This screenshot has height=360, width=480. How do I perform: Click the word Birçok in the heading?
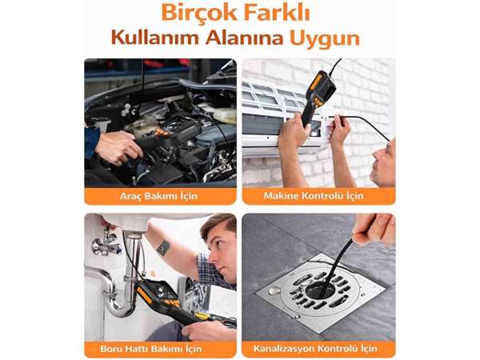(199, 13)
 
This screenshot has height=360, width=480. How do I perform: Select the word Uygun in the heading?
(325, 39)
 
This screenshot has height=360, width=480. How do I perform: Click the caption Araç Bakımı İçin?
(159, 196)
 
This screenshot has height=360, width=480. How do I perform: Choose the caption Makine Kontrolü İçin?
(314, 196)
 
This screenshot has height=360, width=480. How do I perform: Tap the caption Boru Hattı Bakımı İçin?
(151, 349)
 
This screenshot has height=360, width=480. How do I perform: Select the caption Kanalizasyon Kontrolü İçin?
(315, 349)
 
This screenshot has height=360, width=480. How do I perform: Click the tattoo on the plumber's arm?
(163, 247)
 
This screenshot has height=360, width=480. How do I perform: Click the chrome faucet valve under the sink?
(106, 242)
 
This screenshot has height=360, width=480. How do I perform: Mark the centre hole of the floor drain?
(319, 289)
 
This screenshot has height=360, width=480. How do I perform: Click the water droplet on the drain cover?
(274, 290)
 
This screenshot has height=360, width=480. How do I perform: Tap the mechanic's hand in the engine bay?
(118, 147)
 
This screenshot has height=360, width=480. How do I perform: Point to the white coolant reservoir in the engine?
(220, 114)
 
